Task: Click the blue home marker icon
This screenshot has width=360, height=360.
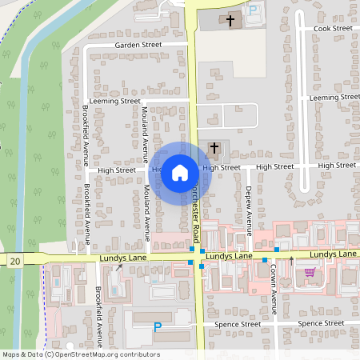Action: point(180,171)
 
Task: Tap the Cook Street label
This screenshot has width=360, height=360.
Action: point(333,29)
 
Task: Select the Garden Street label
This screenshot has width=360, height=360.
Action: point(138,46)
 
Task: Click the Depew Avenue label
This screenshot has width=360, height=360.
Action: point(249,203)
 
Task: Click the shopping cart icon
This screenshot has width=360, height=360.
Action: point(309,273)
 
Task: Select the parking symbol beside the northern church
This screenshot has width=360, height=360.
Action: point(253,10)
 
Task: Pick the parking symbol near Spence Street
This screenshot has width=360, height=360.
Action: point(157,326)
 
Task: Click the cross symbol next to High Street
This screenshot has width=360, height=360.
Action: point(214,148)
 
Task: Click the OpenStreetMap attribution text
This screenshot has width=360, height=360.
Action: point(80,354)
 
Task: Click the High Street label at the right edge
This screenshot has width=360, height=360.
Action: point(337,165)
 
